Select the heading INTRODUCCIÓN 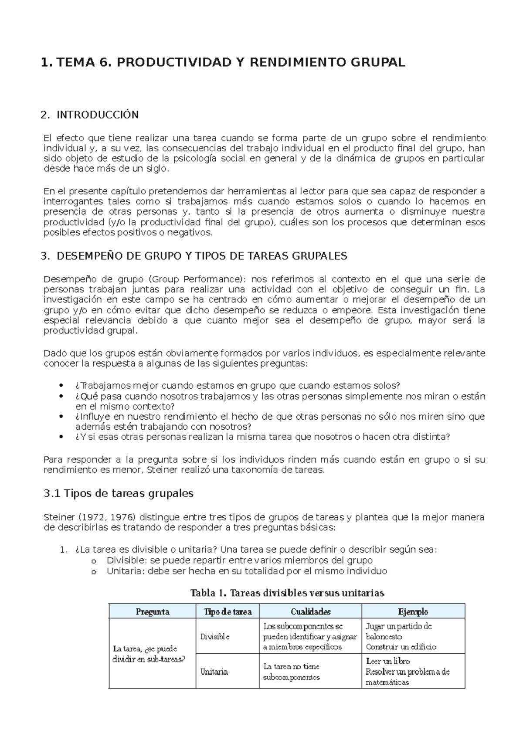(97, 115)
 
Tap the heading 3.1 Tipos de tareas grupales (119, 493)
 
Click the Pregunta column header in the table (152, 611)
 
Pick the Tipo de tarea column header (228, 611)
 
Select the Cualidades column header (310, 611)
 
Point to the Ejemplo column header (413, 611)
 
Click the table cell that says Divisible (215, 636)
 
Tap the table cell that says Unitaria (214, 672)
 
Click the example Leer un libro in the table (388, 661)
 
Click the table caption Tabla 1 (209, 593)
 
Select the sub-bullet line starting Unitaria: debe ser (246, 571)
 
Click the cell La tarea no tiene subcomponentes (292, 672)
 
